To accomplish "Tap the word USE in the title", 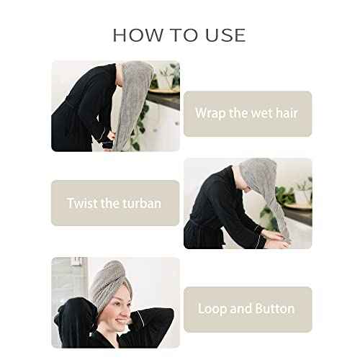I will click(223, 35).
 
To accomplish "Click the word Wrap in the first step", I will click(212, 113).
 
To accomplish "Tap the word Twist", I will click(84, 203).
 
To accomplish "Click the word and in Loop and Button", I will click(241, 308).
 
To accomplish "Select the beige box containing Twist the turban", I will click(115, 203).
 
